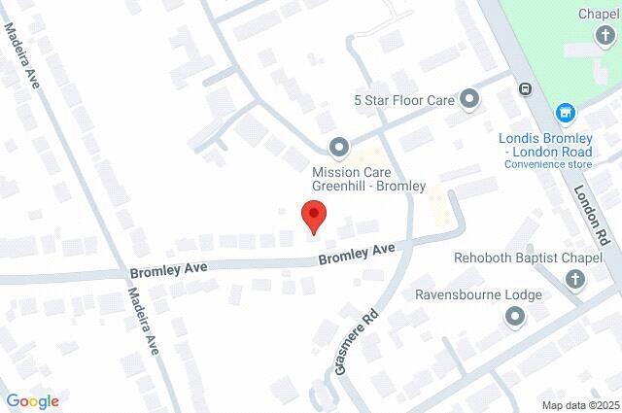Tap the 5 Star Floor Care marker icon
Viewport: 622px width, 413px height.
click(x=470, y=98)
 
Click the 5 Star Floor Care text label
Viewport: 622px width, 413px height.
click(x=405, y=99)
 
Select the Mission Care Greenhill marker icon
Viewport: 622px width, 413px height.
click(x=339, y=148)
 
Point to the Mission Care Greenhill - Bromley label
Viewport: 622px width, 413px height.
click(x=368, y=179)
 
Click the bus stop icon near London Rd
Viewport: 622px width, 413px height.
click(x=525, y=89)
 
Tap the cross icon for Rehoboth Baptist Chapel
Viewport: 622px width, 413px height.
click(x=575, y=281)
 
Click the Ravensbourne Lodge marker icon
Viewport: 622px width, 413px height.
click(x=514, y=317)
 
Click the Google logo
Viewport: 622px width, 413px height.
click(x=32, y=401)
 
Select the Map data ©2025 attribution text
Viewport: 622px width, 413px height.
click(x=580, y=405)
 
